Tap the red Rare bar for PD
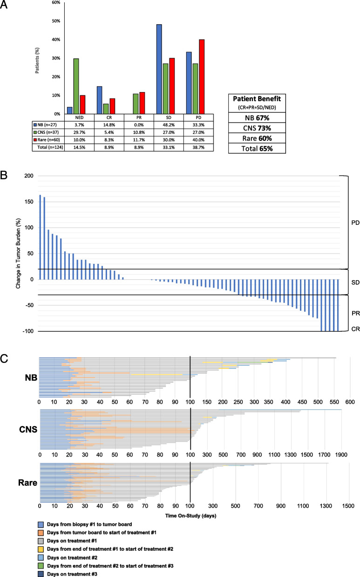pyautogui.click(x=202, y=76)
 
